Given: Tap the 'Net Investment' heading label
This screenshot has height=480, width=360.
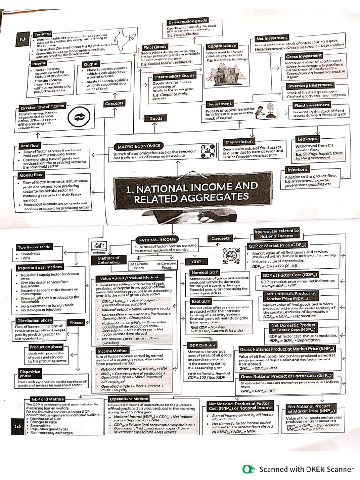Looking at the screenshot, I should (271, 38).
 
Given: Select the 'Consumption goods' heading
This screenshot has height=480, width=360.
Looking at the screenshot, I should (187, 22).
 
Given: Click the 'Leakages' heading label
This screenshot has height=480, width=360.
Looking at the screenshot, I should (307, 139).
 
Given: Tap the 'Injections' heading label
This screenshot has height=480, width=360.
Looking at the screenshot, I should (298, 169).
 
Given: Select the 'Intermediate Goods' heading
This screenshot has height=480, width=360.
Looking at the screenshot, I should (174, 76).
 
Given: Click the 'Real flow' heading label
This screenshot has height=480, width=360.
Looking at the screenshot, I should (29, 146).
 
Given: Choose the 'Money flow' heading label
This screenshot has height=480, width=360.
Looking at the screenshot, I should (31, 175).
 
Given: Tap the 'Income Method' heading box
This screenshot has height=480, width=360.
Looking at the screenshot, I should (112, 350).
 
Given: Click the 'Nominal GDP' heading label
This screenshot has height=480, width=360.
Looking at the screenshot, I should (205, 272).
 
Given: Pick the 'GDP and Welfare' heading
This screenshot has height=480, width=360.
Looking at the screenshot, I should (46, 399).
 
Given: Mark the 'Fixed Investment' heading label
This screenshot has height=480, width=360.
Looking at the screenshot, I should (312, 105).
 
